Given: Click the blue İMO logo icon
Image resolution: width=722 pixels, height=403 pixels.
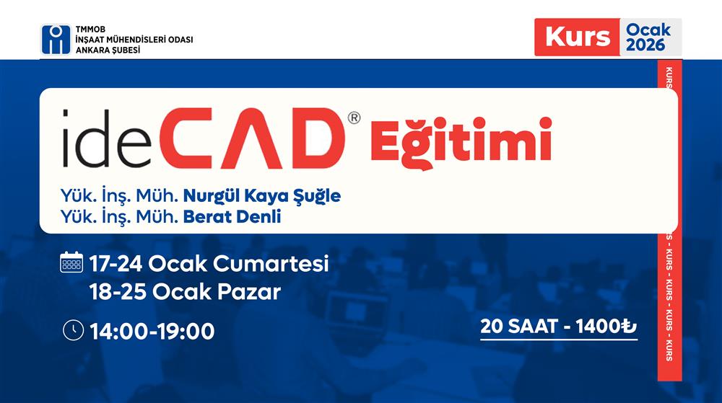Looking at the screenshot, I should pyautogui.click(x=56, y=40).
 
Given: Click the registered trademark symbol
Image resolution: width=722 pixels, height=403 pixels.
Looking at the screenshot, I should pyautogui.click(x=354, y=118).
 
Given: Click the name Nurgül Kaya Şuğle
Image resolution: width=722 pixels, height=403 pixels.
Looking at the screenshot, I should pyautogui.click(x=261, y=196).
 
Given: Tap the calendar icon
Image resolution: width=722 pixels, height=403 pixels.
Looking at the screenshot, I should pyautogui.click(x=72, y=262).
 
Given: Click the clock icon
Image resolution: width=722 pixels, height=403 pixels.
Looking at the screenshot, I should pyautogui.click(x=73, y=330).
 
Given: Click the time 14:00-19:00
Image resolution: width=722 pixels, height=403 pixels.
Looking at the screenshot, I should pyautogui.click(x=152, y=332).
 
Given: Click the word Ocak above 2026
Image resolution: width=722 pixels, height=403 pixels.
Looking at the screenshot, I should pyautogui.click(x=648, y=30).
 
